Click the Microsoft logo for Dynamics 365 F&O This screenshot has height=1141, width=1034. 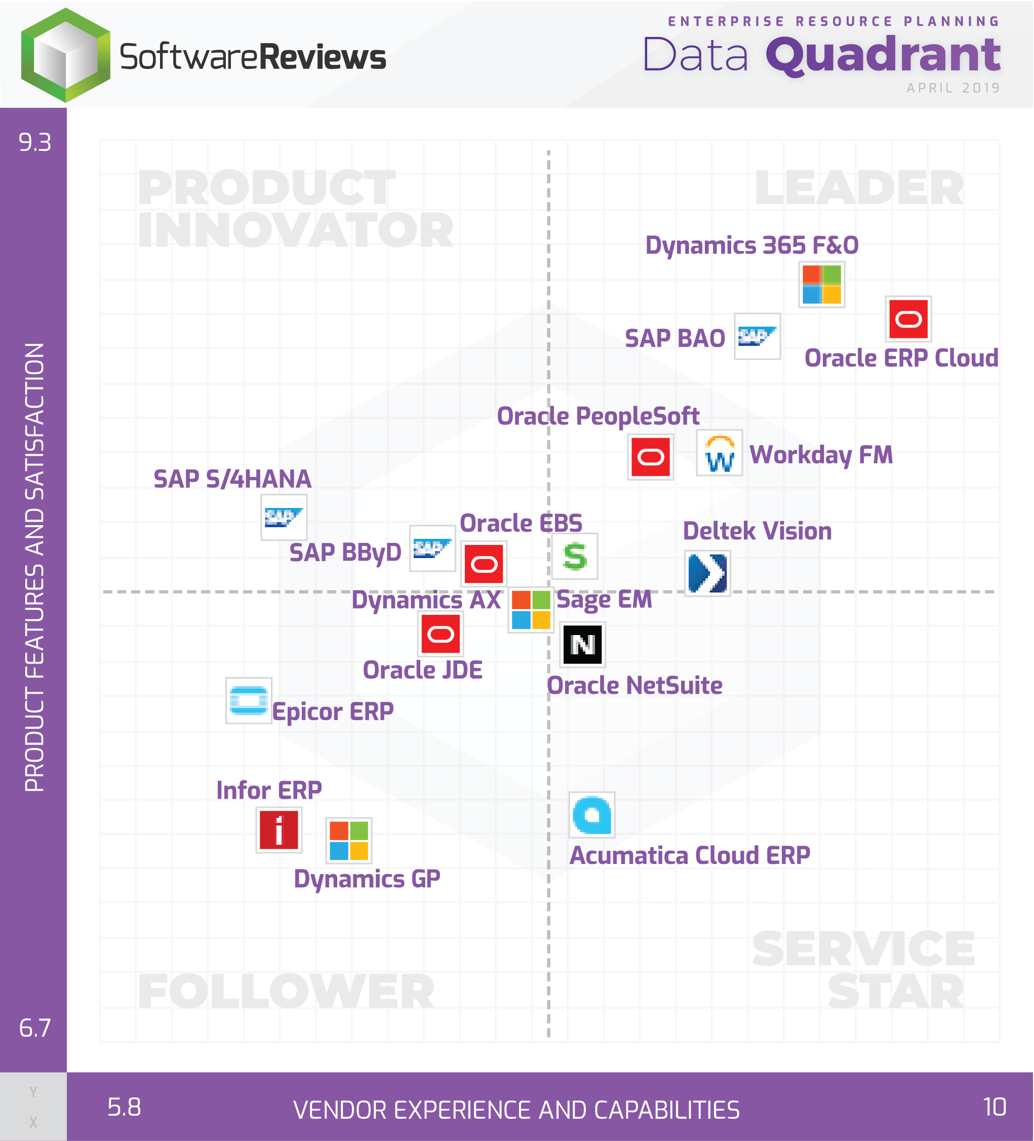821,285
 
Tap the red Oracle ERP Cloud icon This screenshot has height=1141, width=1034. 908,319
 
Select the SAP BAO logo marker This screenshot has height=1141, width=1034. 757,336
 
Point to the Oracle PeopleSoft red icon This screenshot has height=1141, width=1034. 650,457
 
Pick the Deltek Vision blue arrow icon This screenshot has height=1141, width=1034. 707,573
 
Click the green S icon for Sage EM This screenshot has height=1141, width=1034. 574,557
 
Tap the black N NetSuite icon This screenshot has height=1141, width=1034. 582,644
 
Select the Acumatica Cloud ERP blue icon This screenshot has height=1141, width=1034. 591,815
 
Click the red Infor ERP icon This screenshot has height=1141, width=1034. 279,830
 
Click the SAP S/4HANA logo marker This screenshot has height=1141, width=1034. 284,517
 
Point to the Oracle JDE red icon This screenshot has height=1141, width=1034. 441,634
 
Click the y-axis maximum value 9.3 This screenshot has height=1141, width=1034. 34,143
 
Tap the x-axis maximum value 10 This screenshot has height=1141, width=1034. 994,1107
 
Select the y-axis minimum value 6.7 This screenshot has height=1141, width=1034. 34,1027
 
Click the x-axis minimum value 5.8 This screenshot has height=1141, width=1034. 124,1107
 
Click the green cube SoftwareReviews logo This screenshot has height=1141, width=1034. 66,56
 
